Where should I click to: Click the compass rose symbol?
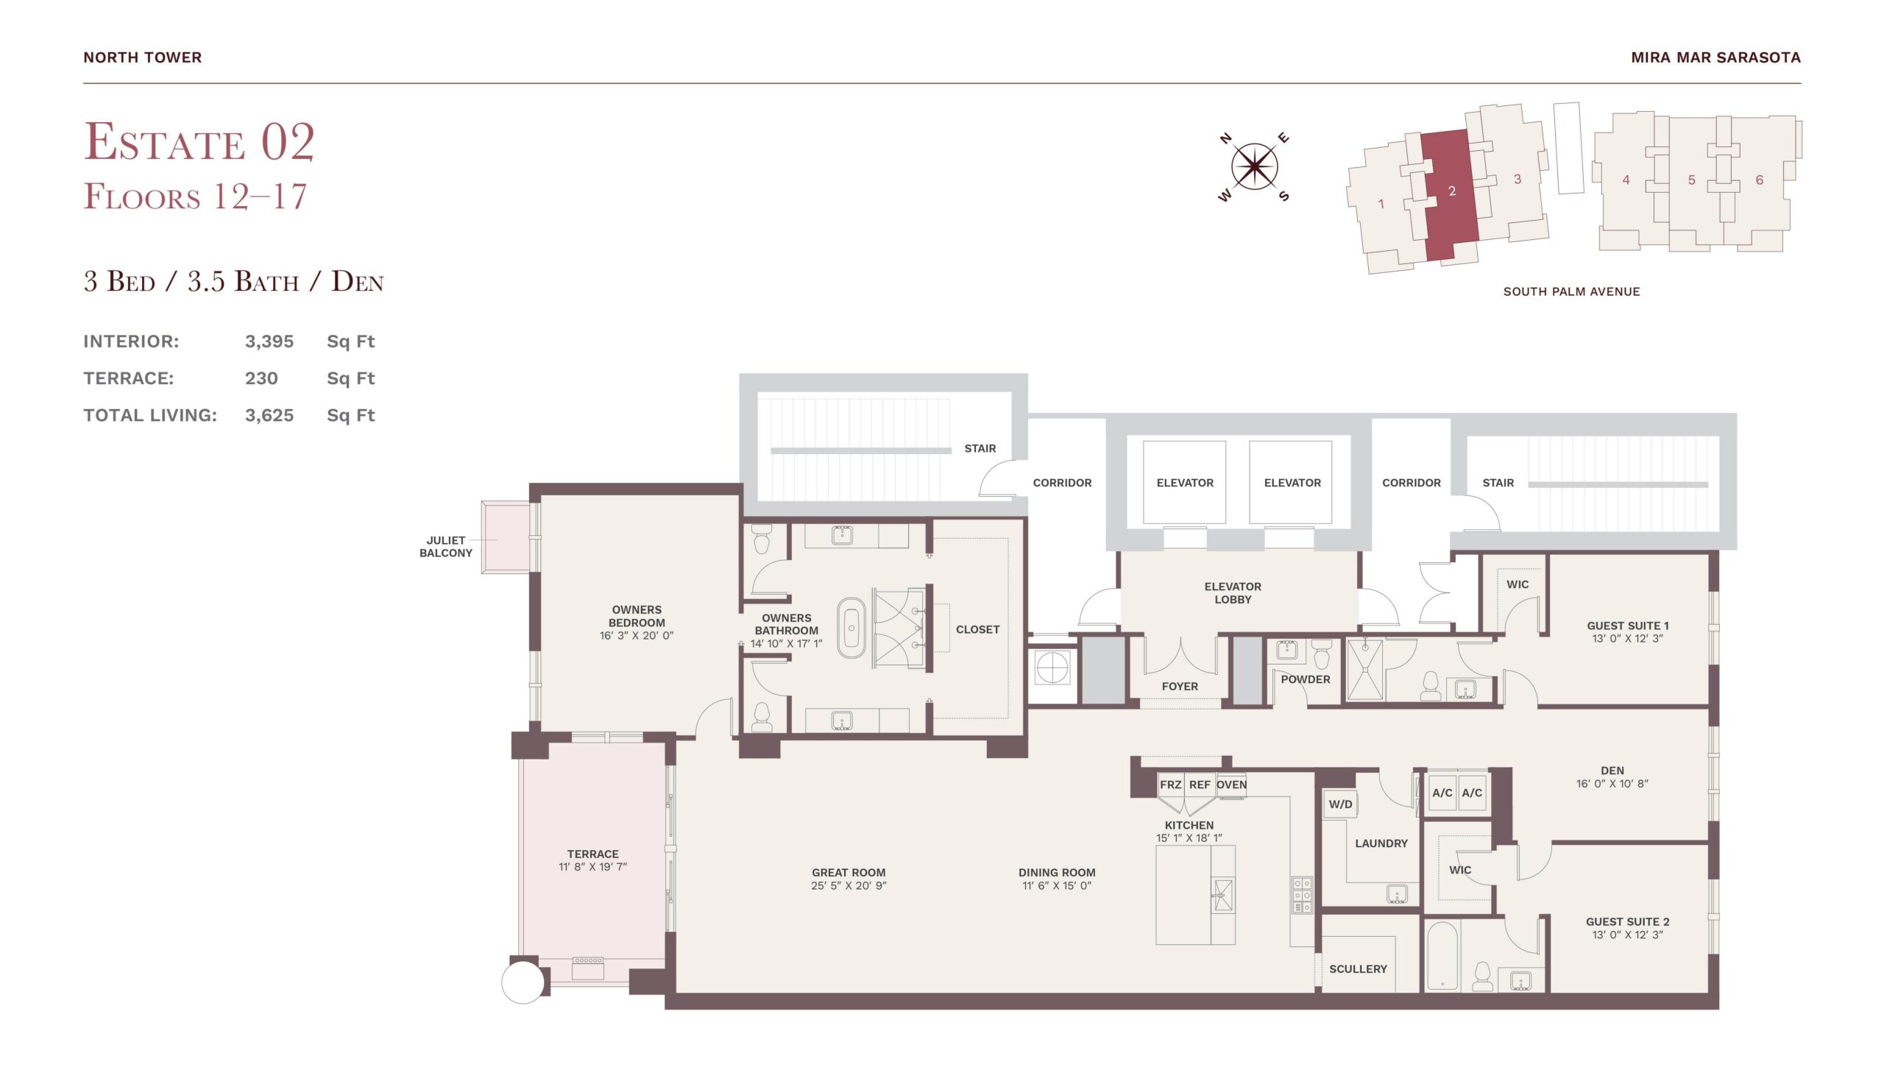(1254, 166)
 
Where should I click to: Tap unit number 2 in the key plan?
(1451, 191)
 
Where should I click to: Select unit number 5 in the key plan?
(1692, 180)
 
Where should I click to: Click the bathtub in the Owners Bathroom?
(851, 628)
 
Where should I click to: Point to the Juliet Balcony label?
(446, 546)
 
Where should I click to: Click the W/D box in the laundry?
(1340, 804)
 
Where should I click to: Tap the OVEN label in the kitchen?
(1231, 785)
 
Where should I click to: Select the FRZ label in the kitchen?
(1170, 785)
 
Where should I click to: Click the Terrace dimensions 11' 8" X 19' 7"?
(592, 867)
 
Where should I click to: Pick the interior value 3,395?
(269, 341)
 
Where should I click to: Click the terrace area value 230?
(261, 378)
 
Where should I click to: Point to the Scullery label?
(1358, 969)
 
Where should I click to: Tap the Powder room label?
(1305, 679)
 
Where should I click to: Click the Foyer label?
(1180, 686)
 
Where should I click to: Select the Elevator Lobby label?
(1233, 593)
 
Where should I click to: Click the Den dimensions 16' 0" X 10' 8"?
(1612, 783)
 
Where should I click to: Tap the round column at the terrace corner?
(523, 982)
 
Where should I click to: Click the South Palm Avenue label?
(1572, 292)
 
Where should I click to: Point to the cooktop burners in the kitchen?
(1302, 896)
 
